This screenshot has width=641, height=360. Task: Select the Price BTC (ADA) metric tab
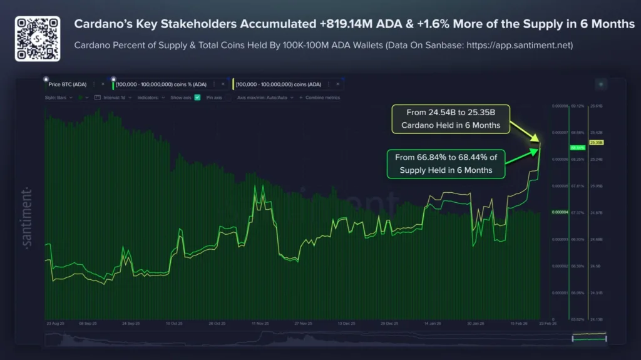(x=68, y=84)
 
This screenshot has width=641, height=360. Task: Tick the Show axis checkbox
(x=198, y=98)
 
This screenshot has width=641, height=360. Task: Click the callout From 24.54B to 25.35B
(x=450, y=119)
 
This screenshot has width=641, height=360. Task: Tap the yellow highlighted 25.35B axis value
(x=596, y=143)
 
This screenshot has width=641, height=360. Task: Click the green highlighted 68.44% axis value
(x=577, y=148)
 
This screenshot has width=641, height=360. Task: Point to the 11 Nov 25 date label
(x=259, y=324)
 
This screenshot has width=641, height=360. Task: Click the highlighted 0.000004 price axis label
(x=559, y=212)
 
